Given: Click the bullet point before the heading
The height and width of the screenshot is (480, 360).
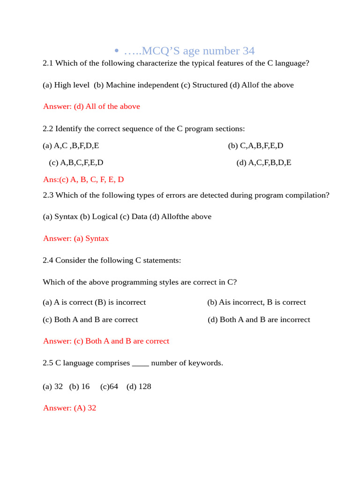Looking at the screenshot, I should point(117,51).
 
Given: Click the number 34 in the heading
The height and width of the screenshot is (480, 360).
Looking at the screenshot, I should point(248,51).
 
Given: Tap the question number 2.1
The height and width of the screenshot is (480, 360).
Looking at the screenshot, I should point(48,63).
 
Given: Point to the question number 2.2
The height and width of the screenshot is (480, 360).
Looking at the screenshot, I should point(48,128).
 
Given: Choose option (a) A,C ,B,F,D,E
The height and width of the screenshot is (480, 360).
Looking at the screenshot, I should point(71,146).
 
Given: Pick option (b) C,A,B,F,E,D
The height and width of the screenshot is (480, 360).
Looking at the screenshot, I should point(255,146).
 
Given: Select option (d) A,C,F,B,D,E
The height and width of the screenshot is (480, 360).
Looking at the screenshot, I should point(264,163).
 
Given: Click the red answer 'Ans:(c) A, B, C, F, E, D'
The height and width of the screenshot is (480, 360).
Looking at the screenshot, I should point(83,180).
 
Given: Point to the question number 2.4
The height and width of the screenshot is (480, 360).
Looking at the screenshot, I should point(48,260).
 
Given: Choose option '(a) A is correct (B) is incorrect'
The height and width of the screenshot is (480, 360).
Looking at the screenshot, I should point(94,302).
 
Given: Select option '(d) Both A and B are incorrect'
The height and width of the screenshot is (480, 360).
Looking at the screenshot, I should point(259,320).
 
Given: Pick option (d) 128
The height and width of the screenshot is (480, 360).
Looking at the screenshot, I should point(139,387).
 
